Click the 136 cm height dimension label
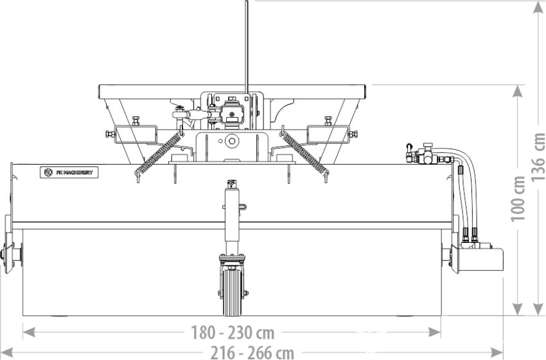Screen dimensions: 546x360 coord(538,156)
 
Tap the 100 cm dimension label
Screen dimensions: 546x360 coord(518,199)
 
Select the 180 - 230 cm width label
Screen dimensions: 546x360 coord(233,333)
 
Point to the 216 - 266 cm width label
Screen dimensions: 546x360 coord(252,353)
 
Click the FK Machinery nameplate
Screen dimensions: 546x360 coord(69,172)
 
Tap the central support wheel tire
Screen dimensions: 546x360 coord(231,292)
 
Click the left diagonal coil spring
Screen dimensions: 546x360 coord(159,154)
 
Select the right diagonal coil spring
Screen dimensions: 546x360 coord(305,154)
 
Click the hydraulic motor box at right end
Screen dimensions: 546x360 coord(481,259)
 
